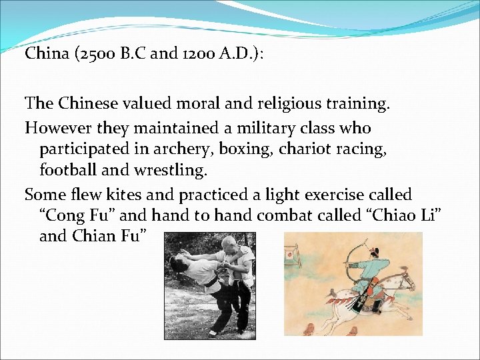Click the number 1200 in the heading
point(195,53)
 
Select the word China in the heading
point(46,53)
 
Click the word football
point(67,170)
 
